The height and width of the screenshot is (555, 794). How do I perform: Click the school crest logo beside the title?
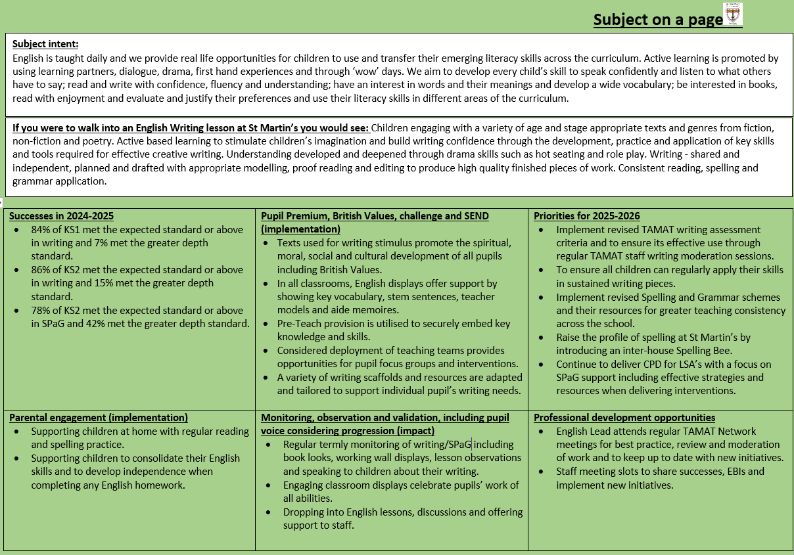(x=733, y=14)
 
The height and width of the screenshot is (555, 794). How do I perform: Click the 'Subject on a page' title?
(x=658, y=20)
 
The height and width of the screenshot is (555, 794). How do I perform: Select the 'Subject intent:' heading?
(x=45, y=44)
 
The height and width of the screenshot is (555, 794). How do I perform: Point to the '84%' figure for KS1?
(x=41, y=230)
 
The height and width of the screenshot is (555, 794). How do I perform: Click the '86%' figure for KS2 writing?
(x=41, y=270)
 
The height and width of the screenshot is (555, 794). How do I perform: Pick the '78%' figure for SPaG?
(x=41, y=310)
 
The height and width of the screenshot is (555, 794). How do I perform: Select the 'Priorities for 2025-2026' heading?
(x=586, y=216)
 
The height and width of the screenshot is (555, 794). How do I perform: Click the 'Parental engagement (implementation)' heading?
(x=99, y=418)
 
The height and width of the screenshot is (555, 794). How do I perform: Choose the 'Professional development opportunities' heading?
(x=624, y=418)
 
